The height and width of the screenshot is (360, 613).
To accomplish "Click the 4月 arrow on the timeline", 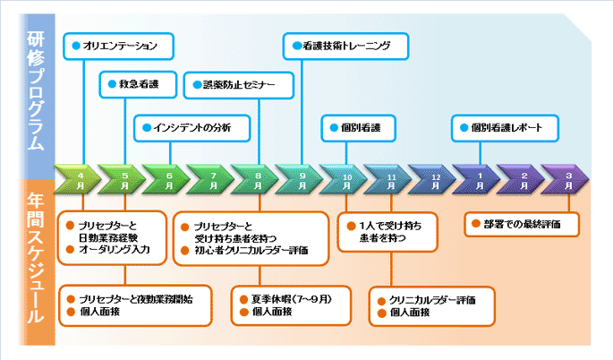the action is [x=77, y=180].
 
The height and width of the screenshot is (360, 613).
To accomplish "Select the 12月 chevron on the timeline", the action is [x=433, y=180].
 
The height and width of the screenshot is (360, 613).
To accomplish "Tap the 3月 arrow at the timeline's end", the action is [x=566, y=180].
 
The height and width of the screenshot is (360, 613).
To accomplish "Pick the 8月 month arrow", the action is [x=255, y=180].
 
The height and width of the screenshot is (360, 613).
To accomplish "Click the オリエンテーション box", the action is [x=118, y=47].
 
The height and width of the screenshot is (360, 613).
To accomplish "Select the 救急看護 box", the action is [x=138, y=84].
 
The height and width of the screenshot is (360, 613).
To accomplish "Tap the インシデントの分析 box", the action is [x=192, y=128].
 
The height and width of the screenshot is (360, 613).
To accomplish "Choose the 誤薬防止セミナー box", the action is [x=238, y=85].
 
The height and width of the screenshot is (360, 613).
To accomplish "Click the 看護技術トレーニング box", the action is [x=346, y=47].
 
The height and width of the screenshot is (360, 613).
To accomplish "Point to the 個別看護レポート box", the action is [x=505, y=128].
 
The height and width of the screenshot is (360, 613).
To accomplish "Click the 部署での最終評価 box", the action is [x=522, y=224].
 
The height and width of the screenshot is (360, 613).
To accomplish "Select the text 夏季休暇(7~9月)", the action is [x=291, y=299].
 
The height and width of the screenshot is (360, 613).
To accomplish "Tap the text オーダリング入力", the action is [x=115, y=249].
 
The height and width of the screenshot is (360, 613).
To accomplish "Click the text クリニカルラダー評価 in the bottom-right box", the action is [x=432, y=300].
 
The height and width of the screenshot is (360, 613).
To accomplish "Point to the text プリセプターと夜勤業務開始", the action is [x=136, y=299].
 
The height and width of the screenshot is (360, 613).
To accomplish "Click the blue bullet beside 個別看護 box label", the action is [x=334, y=127].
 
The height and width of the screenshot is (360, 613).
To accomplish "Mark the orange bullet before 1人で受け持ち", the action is [x=351, y=226].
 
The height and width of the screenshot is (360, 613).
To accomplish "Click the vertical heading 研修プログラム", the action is [x=36, y=90].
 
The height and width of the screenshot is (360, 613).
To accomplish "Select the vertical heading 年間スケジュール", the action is [x=36, y=258].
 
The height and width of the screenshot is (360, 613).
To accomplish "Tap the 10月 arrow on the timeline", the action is [x=344, y=180].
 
